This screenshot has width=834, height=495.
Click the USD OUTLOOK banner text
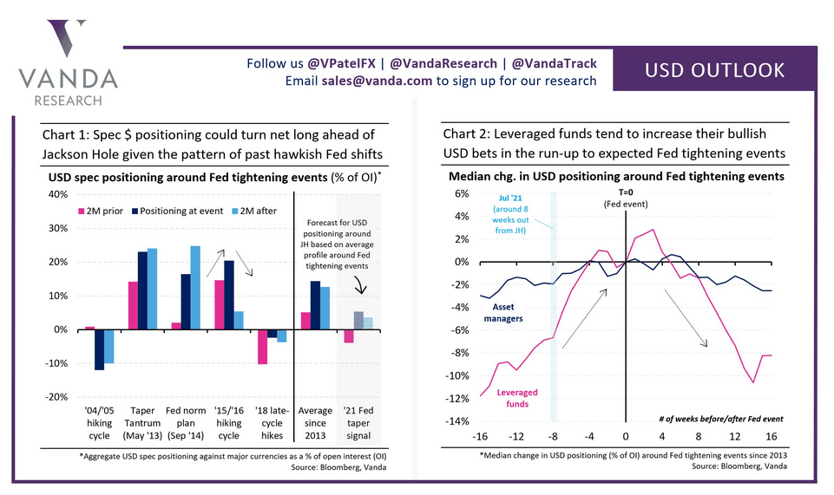(x=714, y=70)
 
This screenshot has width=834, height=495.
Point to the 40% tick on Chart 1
(x=56, y=194)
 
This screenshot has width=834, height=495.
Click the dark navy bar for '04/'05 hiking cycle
(x=100, y=349)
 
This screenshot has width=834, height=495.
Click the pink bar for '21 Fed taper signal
(x=348, y=336)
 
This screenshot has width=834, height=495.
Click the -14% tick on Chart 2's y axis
(x=456, y=421)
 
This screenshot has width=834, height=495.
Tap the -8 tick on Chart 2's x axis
(x=553, y=436)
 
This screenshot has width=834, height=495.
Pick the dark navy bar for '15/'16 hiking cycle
(x=229, y=295)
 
